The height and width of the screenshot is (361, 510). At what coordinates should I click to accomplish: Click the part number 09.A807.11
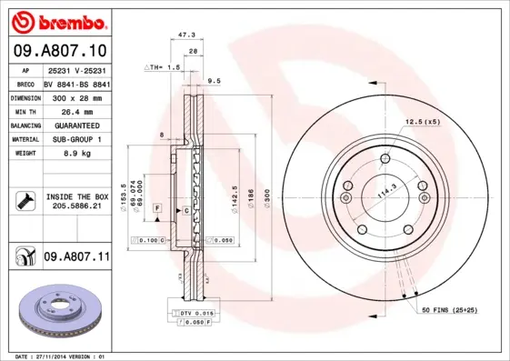[75, 258]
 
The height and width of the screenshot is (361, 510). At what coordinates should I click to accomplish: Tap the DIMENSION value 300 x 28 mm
[75, 96]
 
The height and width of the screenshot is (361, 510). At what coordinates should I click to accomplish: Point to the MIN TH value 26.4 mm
[75, 111]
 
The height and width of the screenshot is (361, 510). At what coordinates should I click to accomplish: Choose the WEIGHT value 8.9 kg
[75, 154]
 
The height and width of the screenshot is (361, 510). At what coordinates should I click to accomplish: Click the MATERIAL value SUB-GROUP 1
[75, 139]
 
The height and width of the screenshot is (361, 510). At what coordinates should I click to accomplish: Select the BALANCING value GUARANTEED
[75, 125]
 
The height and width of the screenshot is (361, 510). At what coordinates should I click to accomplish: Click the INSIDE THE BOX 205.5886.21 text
[76, 201]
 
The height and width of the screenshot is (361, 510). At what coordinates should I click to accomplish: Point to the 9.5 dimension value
[215, 81]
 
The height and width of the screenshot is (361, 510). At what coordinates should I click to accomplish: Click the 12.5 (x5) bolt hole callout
[423, 121]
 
